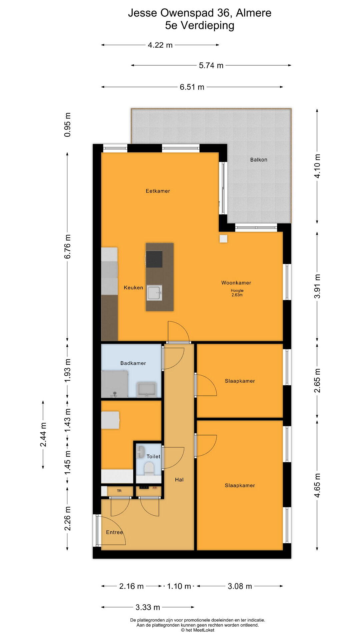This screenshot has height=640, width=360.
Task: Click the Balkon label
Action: tap(259, 160)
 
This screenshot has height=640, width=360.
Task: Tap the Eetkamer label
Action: tap(158, 191)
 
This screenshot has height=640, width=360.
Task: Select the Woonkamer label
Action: tap(236, 283)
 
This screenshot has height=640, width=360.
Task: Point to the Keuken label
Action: tap(133, 288)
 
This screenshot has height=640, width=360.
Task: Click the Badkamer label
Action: tap(133, 363)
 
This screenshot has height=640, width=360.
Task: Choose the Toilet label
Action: tap(153, 456)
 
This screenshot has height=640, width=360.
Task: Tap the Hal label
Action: tap(179, 480)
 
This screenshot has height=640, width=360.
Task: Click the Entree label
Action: tap(114, 532)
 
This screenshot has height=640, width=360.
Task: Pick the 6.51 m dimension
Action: tap(192, 87)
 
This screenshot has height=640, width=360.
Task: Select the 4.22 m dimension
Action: tap(160, 45)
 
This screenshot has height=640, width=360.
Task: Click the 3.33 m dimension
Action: tap(148, 607)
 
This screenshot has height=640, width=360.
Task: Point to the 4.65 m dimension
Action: tap(317, 485)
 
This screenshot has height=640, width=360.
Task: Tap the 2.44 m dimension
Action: tap(43, 435)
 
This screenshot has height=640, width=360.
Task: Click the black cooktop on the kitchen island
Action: tap(154, 259)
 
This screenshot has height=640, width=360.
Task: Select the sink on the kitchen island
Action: tap(155, 293)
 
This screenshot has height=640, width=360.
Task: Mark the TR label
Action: tap(119, 491)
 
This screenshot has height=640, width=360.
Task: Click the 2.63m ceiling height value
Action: tap(237, 295)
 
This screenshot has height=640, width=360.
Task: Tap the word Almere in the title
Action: tap(254, 13)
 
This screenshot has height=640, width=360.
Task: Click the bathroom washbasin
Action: tap(146, 389)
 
